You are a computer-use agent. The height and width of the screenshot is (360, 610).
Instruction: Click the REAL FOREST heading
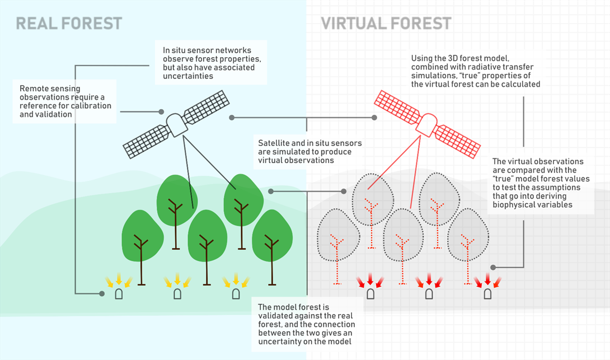point(69,23)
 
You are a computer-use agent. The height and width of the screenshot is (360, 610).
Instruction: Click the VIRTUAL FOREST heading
point(386,23)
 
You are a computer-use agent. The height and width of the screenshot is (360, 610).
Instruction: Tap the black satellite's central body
point(176,124)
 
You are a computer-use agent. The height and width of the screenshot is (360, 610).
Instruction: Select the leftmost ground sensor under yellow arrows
point(119,294)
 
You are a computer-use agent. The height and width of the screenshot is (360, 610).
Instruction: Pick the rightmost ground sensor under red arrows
point(488,294)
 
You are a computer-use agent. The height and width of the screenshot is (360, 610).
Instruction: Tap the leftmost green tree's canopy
point(142,235)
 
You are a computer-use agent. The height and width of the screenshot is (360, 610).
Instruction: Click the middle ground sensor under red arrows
point(429,294)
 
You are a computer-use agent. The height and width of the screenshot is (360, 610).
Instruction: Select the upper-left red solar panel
point(395,104)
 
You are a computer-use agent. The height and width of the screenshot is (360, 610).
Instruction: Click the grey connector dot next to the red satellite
point(374,118)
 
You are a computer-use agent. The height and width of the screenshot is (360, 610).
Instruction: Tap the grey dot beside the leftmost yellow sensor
point(101,293)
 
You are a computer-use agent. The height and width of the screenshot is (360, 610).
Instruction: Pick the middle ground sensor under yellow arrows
point(177,294)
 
